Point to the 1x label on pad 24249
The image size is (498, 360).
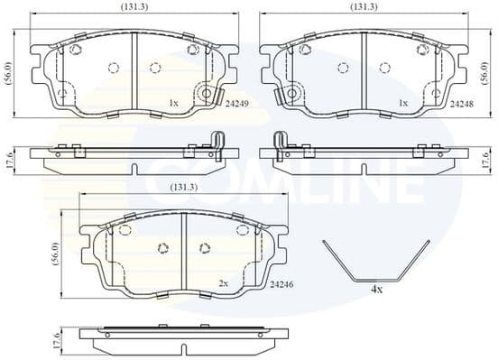172,104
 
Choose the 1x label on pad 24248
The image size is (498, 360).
403,104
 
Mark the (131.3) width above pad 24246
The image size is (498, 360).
184,188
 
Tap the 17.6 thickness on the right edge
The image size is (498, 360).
486,160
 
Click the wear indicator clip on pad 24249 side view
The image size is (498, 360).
217,144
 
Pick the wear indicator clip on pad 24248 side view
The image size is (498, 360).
281,144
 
